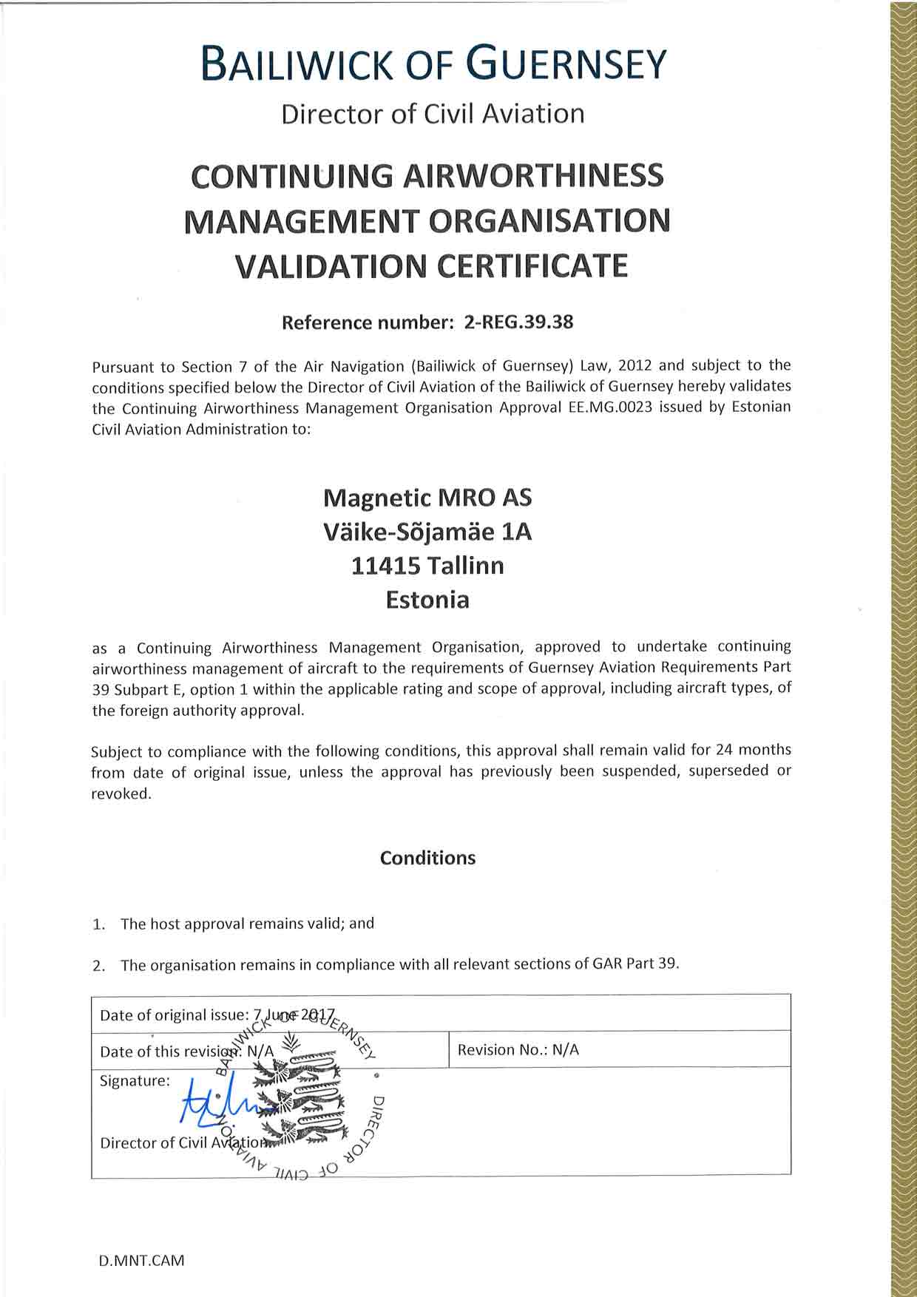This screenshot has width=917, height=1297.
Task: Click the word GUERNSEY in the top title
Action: pyautogui.click(x=569, y=64)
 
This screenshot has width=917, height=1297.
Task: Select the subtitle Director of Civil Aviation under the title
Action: pyautogui.click(x=433, y=114)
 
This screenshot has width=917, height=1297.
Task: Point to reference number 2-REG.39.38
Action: pyautogui.click(x=518, y=322)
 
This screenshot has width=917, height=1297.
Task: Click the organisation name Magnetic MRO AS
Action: pyautogui.click(x=427, y=498)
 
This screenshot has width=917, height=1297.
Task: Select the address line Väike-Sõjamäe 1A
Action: pyautogui.click(x=427, y=532)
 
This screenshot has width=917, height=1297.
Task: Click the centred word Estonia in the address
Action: pyautogui.click(x=427, y=599)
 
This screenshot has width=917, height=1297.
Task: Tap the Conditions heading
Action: pyautogui.click(x=427, y=858)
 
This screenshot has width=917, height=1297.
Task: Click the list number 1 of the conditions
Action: pyautogui.click(x=98, y=924)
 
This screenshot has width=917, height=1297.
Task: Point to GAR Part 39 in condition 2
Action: pyautogui.click(x=635, y=964)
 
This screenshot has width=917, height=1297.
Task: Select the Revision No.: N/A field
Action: pyautogui.click(x=518, y=1050)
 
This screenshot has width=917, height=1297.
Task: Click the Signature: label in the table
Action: pyautogui.click(x=135, y=1081)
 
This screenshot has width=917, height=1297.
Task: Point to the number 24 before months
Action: pyautogui.click(x=724, y=750)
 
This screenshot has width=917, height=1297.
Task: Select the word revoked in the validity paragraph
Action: pyautogui.click(x=121, y=794)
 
